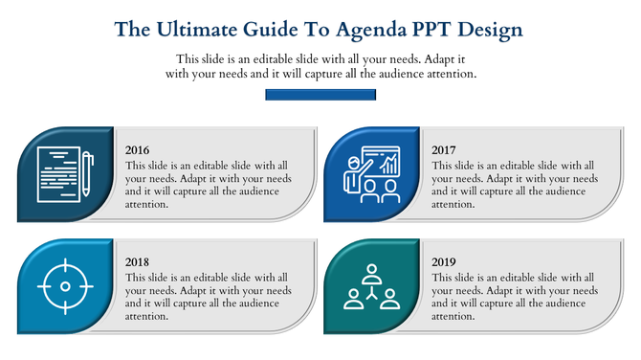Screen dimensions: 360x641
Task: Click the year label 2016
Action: click(138, 150)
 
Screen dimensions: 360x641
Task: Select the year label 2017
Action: click(444, 150)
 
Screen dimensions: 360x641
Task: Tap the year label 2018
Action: click(138, 261)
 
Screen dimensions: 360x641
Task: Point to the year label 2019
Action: click(444, 261)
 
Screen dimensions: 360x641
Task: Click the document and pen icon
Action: click(65, 174)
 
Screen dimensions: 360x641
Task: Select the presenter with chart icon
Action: click(371, 174)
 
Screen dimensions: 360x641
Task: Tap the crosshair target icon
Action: click(65, 285)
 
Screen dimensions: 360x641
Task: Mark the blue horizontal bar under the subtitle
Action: click(320, 96)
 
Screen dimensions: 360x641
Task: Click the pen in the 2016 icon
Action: click(86, 173)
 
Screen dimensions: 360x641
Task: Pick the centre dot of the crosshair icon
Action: click(65, 285)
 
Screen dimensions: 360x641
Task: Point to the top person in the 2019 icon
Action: click(371, 273)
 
